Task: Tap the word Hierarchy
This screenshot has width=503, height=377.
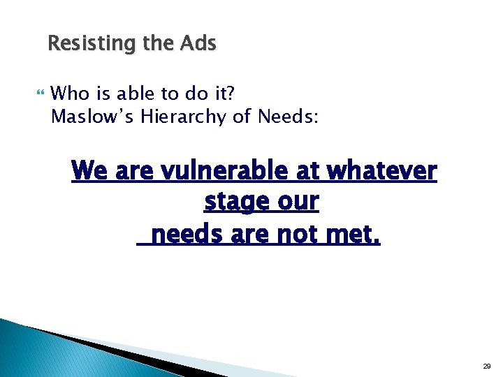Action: [x=184, y=117]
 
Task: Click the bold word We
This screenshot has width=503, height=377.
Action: [x=89, y=170]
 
